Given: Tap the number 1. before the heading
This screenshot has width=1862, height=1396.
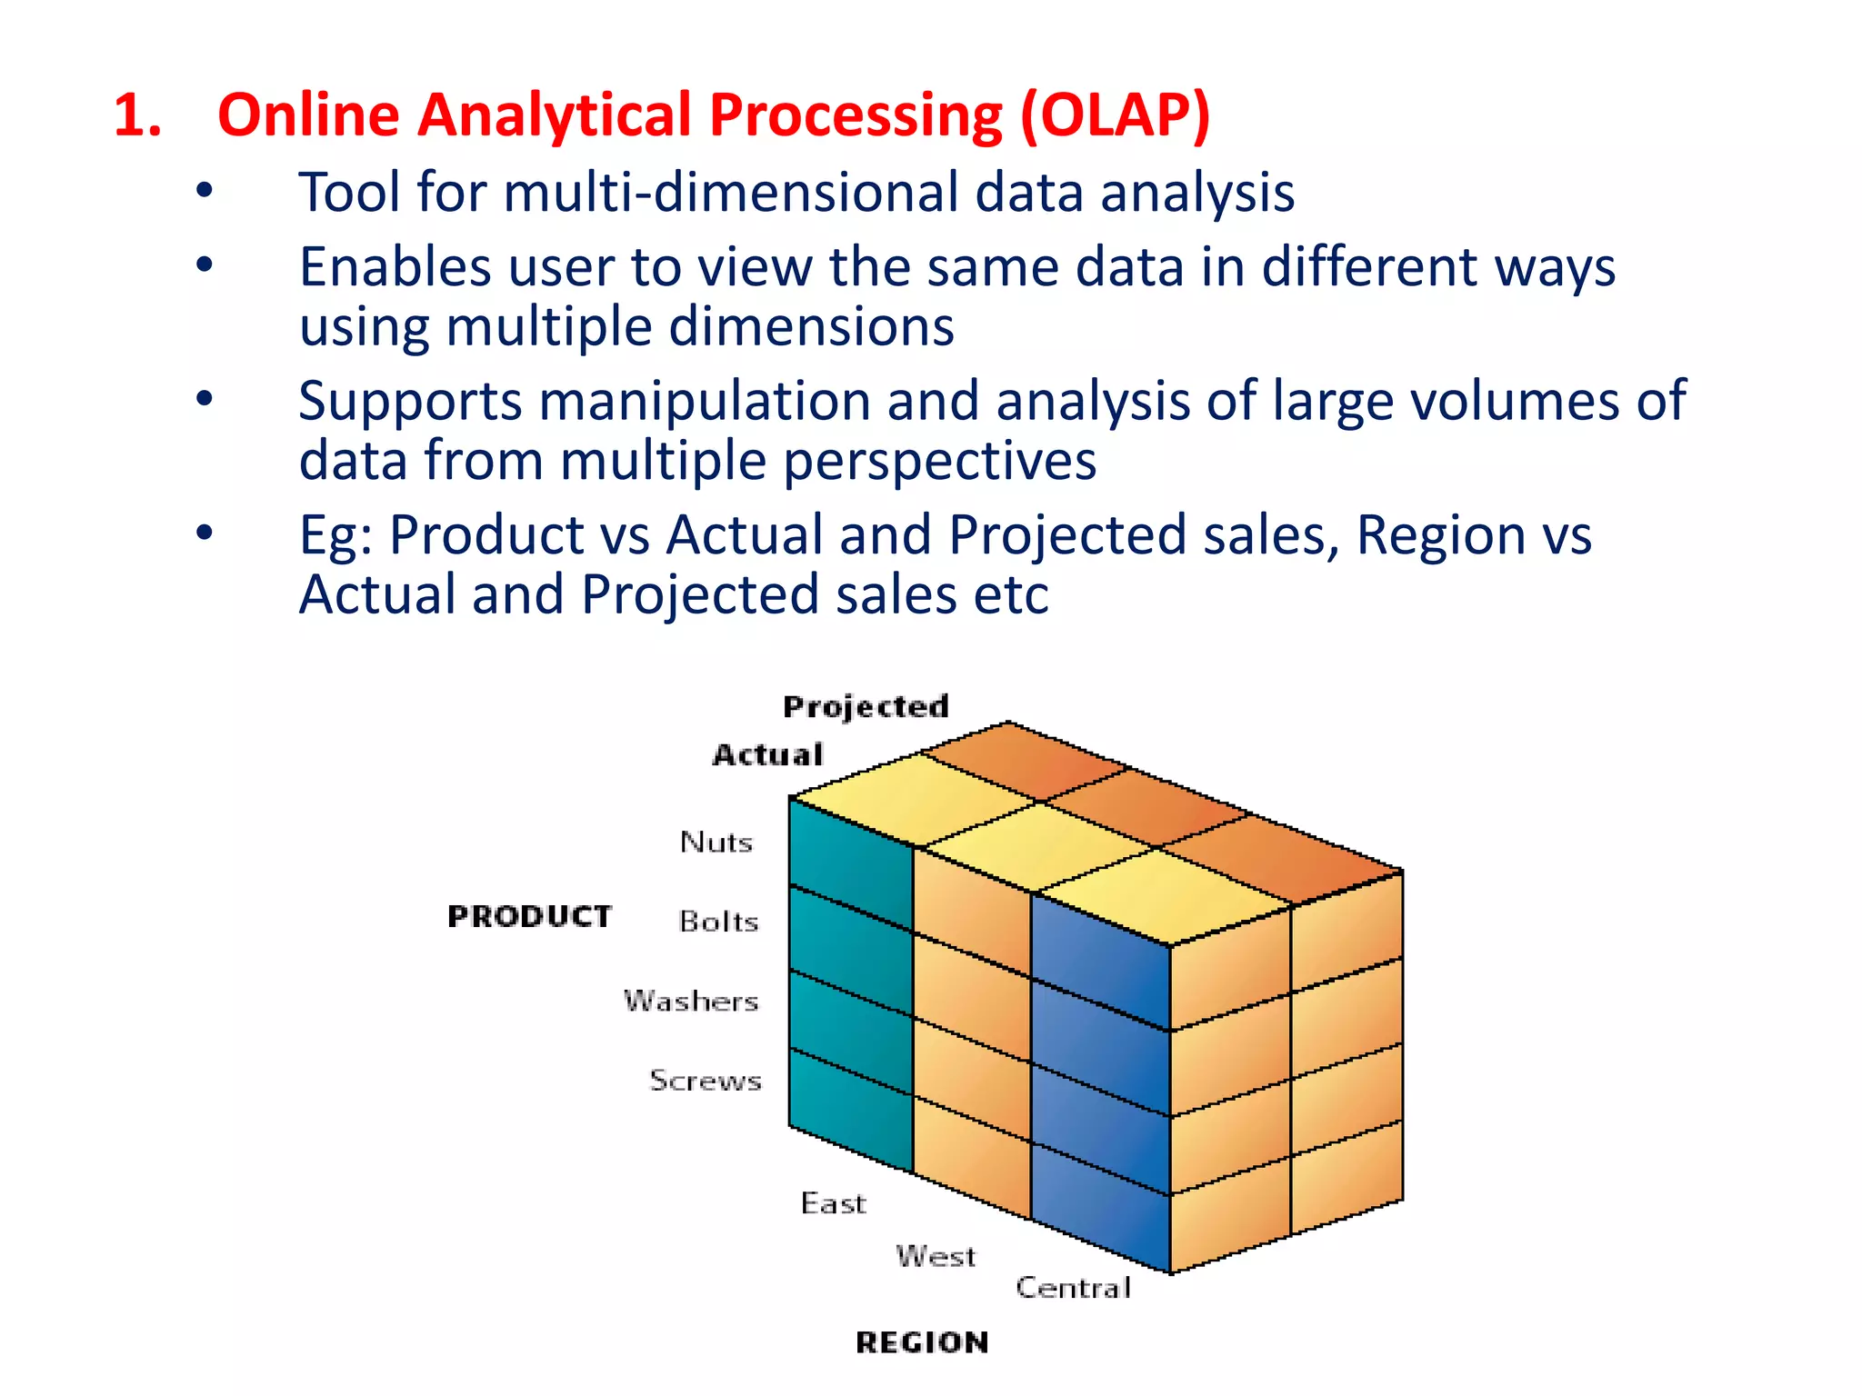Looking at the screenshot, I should click(138, 116).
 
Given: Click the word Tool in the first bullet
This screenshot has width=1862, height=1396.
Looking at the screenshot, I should click(349, 193).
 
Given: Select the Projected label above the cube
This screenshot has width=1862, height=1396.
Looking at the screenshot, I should click(866, 706).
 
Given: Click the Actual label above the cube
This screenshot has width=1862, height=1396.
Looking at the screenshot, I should click(768, 754).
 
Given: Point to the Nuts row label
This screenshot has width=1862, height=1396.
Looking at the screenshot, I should click(716, 842).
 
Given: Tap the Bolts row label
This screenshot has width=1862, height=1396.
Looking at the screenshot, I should click(718, 922).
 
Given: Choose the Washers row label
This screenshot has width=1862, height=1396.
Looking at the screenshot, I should click(691, 1001).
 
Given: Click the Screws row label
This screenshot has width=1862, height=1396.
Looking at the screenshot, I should click(706, 1080).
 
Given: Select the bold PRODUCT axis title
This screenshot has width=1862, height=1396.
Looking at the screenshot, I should click(529, 916).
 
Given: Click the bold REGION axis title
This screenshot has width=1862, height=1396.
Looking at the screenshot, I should click(922, 1342).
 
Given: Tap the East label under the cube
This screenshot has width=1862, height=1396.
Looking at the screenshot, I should click(833, 1203).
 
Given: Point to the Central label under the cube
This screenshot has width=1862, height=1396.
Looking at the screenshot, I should click(1074, 1287).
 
